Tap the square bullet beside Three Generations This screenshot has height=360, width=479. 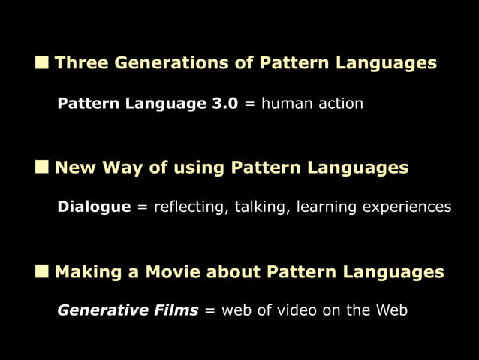click(x=42, y=62)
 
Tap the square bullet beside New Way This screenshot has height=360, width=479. click(x=42, y=167)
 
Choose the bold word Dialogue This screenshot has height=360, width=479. click(x=94, y=207)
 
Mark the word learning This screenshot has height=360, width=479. click(x=327, y=207)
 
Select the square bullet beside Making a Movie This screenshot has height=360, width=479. click(x=42, y=271)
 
